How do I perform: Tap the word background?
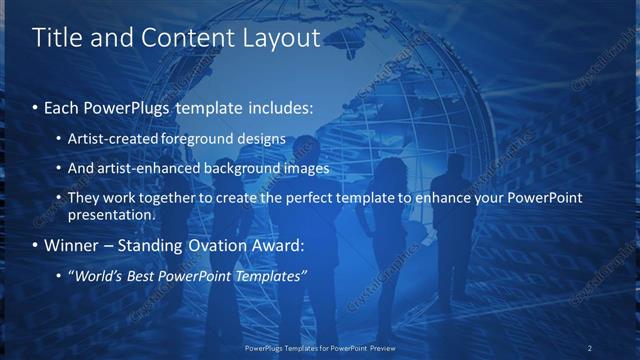click(237, 168)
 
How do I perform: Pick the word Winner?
click(72, 245)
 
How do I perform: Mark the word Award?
click(269, 245)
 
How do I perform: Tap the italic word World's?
click(100, 275)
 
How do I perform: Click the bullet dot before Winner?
click(37, 245)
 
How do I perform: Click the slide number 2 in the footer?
click(590, 348)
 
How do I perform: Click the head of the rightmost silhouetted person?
click(457, 165)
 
